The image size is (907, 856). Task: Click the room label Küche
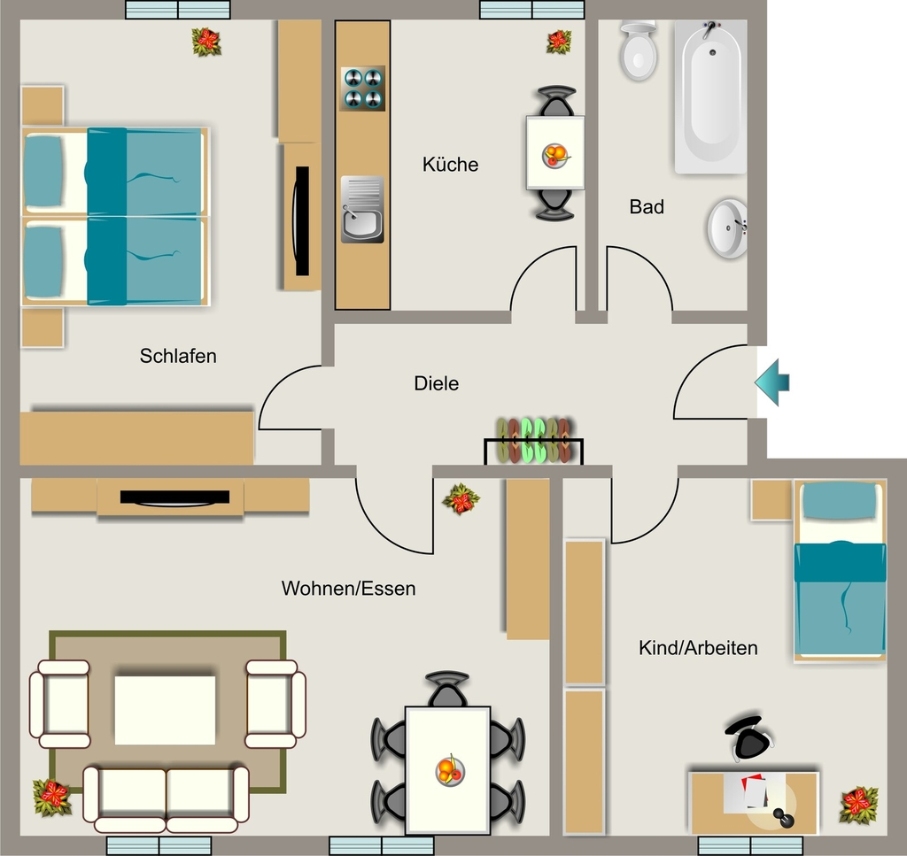click(450, 164)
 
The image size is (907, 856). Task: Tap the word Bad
click(646, 206)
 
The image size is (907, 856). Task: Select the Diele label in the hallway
click(436, 383)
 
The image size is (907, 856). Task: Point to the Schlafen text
click(177, 356)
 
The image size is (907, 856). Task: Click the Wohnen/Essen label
click(348, 589)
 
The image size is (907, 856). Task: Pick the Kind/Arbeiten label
click(698, 648)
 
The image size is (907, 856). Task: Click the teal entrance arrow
click(772, 382)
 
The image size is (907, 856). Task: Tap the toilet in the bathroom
click(638, 50)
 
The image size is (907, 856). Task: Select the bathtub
click(711, 96)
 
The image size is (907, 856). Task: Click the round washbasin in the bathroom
click(727, 228)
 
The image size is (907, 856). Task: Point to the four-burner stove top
click(362, 89)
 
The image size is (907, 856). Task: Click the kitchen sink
click(362, 209)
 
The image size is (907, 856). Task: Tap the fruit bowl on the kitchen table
click(555, 156)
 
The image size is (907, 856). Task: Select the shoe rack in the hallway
click(533, 441)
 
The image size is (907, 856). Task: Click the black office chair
click(749, 737)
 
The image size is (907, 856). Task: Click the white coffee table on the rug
click(165, 710)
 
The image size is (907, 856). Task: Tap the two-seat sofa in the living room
click(166, 799)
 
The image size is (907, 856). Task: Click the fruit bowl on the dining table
click(449, 770)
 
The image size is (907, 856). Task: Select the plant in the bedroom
click(206, 42)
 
